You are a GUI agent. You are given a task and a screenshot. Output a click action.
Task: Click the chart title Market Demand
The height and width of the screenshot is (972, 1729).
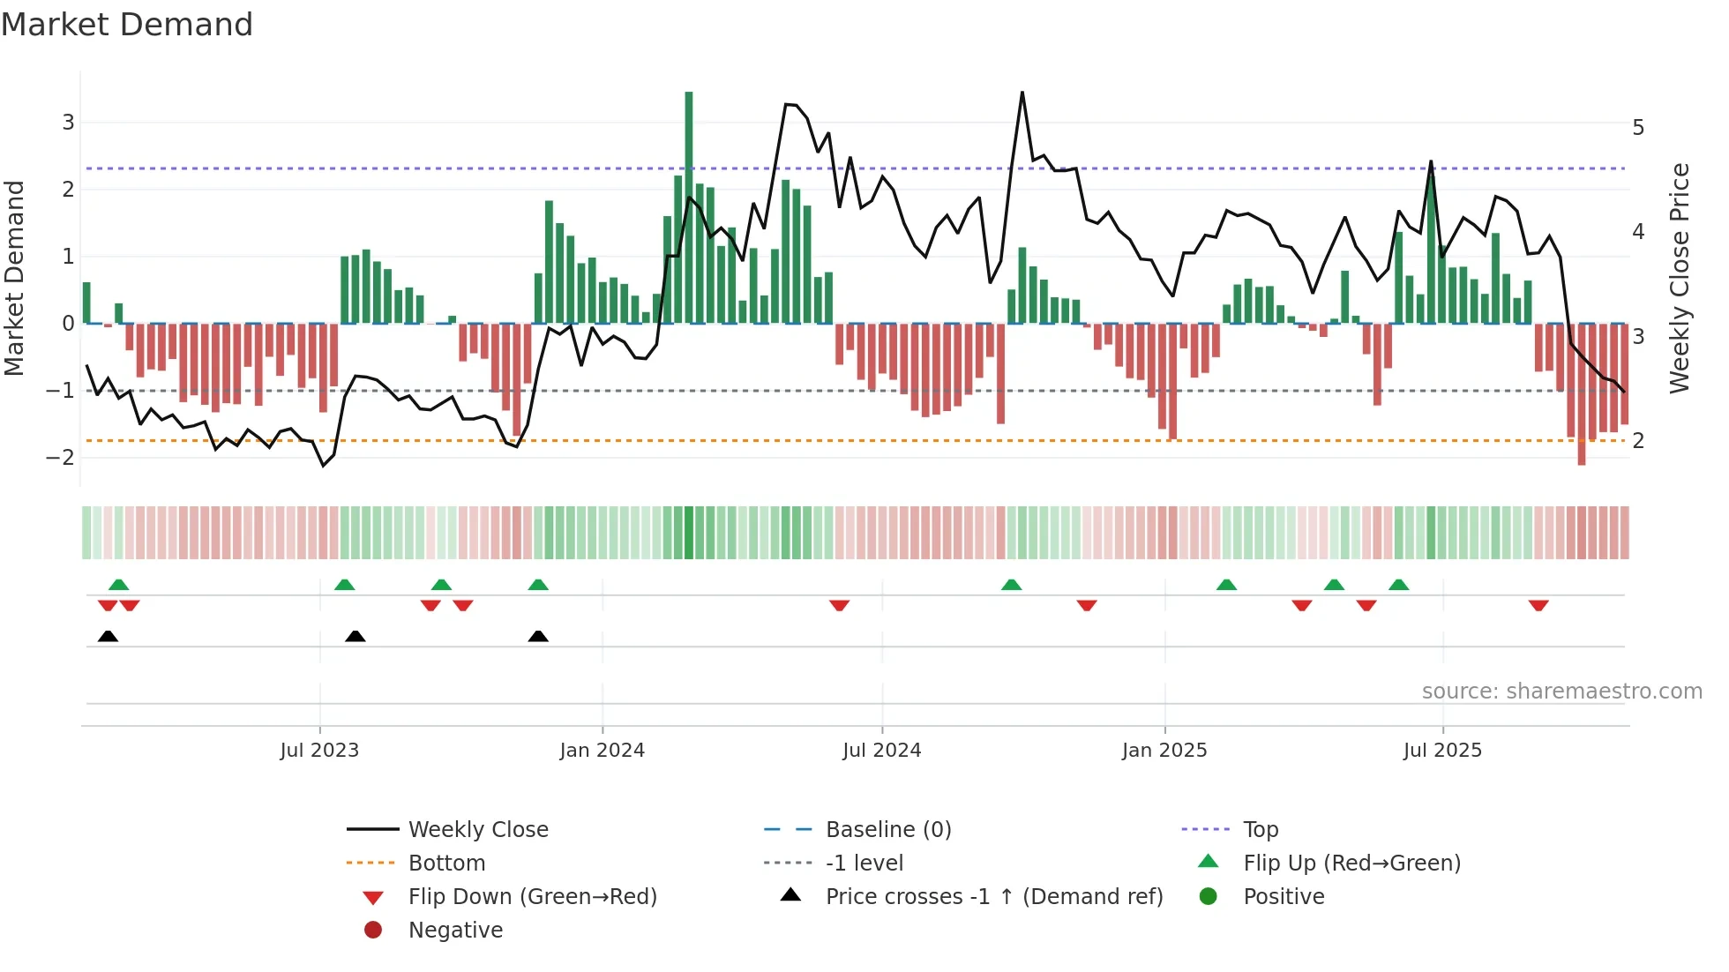[127, 25]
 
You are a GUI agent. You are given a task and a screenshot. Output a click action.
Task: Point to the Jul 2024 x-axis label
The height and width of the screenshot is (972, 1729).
[881, 751]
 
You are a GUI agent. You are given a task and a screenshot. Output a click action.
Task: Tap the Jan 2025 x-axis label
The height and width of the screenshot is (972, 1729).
[1164, 751]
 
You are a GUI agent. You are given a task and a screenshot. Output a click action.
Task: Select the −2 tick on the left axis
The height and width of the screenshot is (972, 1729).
[61, 457]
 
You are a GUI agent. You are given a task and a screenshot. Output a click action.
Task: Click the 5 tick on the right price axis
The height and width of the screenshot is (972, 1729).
[1638, 128]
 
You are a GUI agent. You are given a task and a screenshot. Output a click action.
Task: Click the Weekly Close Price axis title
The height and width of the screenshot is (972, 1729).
[1680, 278]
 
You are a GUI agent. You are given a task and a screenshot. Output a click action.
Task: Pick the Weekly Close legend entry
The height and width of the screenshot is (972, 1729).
[478, 830]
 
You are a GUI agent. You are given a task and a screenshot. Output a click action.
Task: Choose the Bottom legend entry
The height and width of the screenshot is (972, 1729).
[446, 864]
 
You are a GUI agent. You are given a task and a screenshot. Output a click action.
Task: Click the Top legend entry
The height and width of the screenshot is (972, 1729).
[1261, 830]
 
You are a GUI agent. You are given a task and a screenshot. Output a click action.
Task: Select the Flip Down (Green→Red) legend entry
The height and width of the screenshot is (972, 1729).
[532, 897]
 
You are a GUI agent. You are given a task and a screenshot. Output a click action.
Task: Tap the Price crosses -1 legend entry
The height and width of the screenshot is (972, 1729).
[993, 897]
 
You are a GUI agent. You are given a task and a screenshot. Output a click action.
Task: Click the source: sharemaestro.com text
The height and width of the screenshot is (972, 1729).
[1561, 692]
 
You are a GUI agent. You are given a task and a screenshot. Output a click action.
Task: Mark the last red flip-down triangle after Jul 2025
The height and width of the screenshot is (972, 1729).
[1538, 605]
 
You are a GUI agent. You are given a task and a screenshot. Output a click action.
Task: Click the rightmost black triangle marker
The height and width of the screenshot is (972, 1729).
[538, 636]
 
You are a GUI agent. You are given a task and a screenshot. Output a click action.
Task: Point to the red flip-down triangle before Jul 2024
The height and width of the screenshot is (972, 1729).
[840, 605]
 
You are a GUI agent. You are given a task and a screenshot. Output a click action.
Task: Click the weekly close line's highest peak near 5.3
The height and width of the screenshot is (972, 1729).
[1022, 93]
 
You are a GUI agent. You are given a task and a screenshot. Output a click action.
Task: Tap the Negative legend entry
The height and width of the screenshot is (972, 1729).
[455, 931]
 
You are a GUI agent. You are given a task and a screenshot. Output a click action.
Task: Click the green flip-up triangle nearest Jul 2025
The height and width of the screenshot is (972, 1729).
[1398, 584]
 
